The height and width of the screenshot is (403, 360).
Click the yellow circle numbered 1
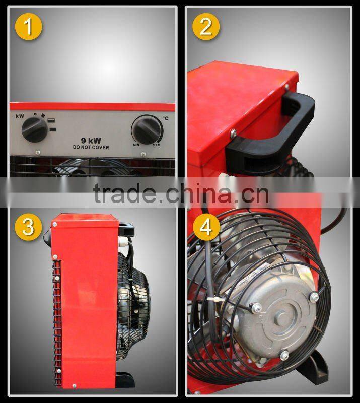(x=28, y=26)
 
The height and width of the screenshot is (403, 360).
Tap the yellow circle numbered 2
(x=205, y=26)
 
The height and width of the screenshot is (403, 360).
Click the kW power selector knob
(x=35, y=130)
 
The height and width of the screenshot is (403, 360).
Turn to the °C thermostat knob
(x=147, y=129)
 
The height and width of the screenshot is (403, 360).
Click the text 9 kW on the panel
(x=91, y=141)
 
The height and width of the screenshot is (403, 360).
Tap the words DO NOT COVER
(x=91, y=148)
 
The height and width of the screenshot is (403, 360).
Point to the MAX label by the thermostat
(x=157, y=145)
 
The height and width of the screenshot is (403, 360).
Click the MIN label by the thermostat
(x=136, y=145)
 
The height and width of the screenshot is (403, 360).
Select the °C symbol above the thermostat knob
(x=165, y=119)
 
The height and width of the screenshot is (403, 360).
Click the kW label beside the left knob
(x=19, y=116)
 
